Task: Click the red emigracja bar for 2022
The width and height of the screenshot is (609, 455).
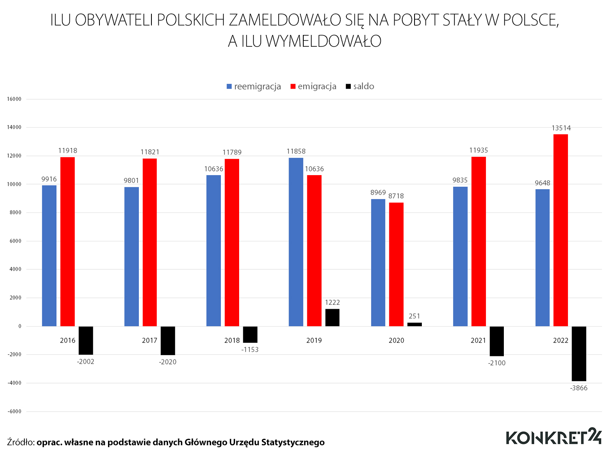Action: (x=561, y=230)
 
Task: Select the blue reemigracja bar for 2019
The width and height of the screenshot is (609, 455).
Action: (x=296, y=242)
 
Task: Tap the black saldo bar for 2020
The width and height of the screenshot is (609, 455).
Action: (x=415, y=324)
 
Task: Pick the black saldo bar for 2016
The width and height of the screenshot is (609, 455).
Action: (x=86, y=340)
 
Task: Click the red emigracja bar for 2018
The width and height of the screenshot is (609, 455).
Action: (x=232, y=242)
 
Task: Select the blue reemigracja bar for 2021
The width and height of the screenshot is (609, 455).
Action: (x=460, y=256)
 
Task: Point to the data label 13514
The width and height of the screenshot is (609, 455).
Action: (x=561, y=128)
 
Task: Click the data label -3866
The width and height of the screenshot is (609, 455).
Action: (x=579, y=388)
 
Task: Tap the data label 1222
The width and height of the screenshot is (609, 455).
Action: (x=332, y=302)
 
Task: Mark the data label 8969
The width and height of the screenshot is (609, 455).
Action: (x=378, y=193)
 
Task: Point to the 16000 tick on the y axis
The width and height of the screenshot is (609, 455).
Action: (x=14, y=99)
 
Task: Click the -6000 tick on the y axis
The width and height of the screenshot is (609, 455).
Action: (x=14, y=412)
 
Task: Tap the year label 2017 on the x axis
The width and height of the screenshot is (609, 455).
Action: (x=149, y=340)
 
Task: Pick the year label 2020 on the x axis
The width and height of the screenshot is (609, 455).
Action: (x=396, y=340)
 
